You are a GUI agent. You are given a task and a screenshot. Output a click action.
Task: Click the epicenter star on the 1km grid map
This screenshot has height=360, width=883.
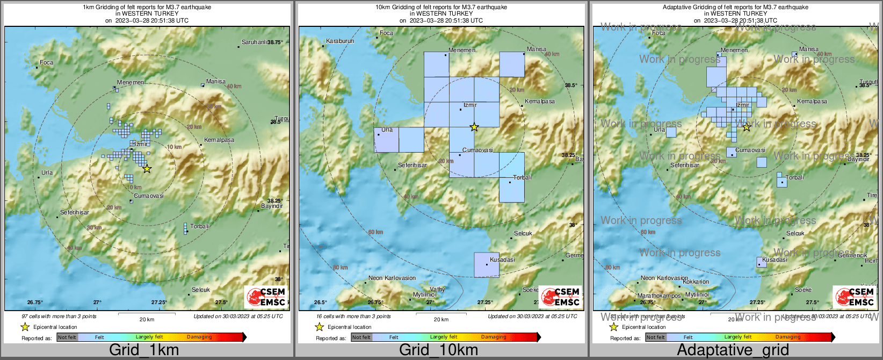147,169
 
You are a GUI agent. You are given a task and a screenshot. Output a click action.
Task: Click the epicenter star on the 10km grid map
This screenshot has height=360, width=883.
474,127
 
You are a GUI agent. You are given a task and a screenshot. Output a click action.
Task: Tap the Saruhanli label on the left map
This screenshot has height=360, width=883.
255,42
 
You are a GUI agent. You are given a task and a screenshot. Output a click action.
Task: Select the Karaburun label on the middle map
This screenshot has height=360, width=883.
340,41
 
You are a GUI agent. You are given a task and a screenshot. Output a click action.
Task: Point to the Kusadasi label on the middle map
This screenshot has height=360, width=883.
502,260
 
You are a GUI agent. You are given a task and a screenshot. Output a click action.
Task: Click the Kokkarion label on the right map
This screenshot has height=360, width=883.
696,282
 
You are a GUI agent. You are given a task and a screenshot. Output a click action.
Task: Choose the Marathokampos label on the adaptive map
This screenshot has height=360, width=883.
659,296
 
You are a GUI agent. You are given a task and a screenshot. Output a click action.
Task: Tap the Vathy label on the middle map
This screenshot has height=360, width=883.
437,289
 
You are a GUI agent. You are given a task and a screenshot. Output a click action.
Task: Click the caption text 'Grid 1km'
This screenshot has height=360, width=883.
144,350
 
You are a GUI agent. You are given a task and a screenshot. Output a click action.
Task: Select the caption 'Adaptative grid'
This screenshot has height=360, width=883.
733,350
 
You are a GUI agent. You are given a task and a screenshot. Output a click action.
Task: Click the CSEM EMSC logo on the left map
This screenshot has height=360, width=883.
266,297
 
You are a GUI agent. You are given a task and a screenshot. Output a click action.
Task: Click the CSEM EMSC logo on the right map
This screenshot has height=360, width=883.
855,297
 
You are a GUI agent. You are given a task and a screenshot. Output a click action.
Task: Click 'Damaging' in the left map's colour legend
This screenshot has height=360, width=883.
199,337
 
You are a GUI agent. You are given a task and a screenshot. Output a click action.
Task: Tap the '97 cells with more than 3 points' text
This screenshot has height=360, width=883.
59,316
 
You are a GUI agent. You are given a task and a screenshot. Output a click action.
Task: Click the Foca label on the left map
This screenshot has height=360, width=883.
47,62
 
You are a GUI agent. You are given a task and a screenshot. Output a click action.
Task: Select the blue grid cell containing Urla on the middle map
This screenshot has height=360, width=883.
386,140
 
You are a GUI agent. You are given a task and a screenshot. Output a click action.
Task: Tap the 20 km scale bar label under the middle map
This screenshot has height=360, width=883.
441,320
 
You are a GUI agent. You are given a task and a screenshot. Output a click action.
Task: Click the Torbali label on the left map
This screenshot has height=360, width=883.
200,226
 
